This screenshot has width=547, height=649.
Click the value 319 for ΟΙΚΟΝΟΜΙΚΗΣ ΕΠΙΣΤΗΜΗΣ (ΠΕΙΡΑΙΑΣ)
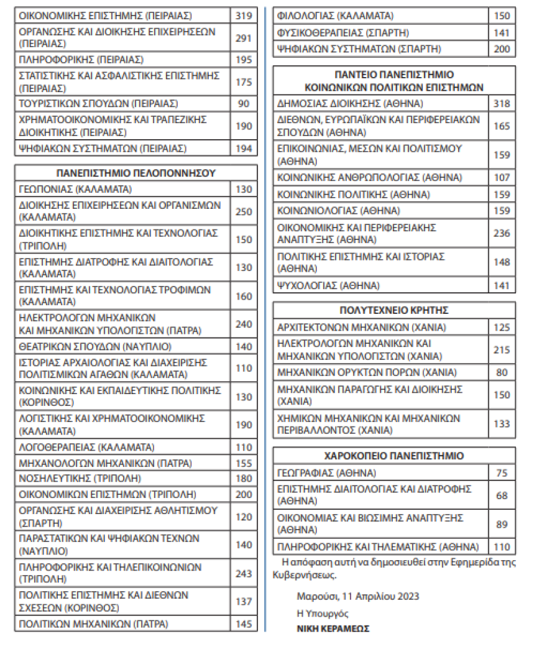244,15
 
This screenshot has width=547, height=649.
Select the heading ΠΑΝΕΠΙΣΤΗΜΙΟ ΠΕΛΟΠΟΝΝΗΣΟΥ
136,173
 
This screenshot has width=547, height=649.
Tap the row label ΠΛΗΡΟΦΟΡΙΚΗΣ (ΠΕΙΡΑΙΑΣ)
81,60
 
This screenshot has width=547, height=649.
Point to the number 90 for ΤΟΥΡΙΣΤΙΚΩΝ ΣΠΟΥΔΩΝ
244,103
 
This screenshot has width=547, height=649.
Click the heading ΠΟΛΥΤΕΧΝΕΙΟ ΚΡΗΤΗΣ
394,310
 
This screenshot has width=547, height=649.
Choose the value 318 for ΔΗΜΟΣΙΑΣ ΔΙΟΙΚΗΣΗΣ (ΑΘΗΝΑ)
502,104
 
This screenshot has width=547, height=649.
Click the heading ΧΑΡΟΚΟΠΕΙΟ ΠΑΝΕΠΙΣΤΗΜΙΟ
394,456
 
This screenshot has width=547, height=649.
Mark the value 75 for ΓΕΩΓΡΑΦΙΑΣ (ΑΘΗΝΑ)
502,472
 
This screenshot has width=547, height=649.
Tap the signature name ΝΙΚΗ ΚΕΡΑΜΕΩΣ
333,628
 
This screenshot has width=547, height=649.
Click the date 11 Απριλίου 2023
379,597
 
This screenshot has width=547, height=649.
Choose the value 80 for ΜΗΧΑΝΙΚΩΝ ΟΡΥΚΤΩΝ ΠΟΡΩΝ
502,373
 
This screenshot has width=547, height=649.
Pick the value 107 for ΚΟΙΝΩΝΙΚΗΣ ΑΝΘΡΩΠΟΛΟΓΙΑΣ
502,177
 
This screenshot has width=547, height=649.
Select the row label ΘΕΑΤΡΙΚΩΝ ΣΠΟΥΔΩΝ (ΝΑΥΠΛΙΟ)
95,346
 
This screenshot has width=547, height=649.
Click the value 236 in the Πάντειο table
502,233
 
